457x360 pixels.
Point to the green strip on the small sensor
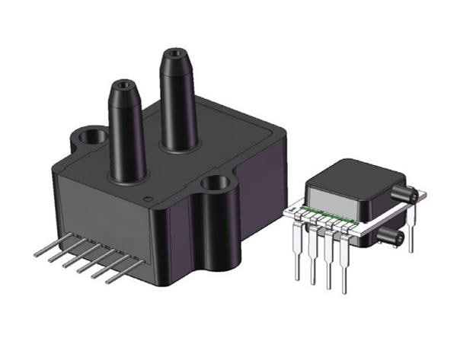pyautogui.click(x=328, y=214)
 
